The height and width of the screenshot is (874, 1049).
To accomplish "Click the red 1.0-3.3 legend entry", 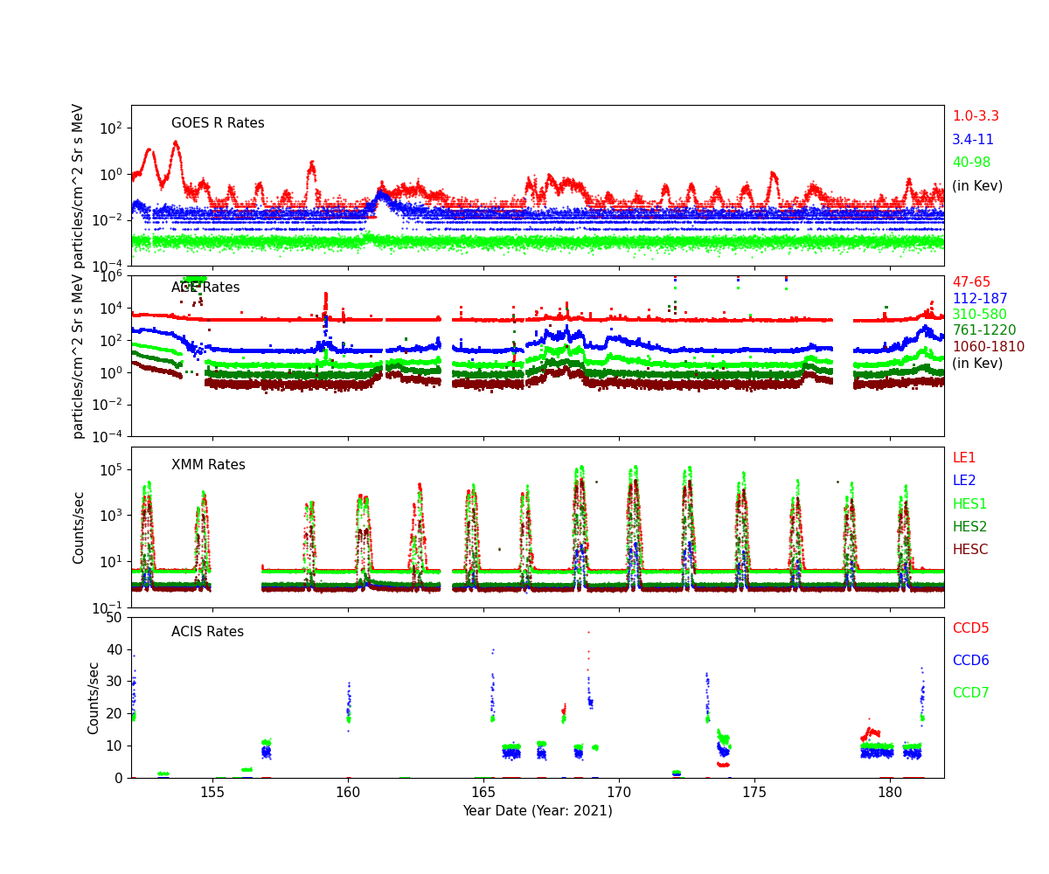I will [x=975, y=116].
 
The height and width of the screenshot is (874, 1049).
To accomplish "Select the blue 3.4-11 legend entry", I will [x=972, y=140].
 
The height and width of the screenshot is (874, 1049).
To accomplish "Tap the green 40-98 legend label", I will [x=972, y=163].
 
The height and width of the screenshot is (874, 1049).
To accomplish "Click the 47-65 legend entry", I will [x=971, y=282].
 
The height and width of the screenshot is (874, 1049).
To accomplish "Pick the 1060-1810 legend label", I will [x=988, y=347].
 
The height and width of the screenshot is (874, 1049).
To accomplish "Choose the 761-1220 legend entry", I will [x=983, y=330].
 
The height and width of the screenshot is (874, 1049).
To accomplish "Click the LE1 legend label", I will [x=963, y=458].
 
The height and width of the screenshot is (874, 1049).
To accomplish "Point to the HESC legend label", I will [x=969, y=550].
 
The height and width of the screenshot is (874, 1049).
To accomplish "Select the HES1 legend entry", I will [x=969, y=504].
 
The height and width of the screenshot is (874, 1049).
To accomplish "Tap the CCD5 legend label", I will [x=970, y=628].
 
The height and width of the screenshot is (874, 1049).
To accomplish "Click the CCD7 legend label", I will [x=970, y=693].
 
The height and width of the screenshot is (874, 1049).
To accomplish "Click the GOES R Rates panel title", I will [x=218, y=123].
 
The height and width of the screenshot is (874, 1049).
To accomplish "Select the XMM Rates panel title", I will [x=208, y=465].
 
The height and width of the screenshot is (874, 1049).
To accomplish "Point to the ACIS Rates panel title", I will [x=207, y=632].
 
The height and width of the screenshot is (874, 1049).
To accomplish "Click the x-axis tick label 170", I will [x=619, y=792].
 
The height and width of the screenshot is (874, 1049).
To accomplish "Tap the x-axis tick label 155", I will [x=212, y=792].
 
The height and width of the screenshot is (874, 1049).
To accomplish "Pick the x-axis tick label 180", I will [x=890, y=792].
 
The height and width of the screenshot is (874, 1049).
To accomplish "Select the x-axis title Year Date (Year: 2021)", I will [x=538, y=811].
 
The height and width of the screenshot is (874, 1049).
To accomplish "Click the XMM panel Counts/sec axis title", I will [x=80, y=527].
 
